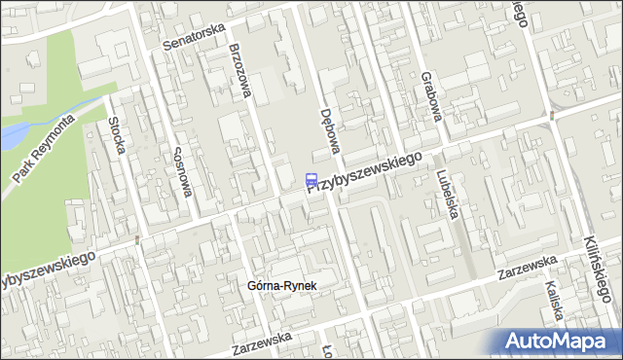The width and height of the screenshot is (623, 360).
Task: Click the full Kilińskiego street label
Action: point(603,258)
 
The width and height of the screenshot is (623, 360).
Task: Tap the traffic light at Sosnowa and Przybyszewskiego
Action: point(138,239)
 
